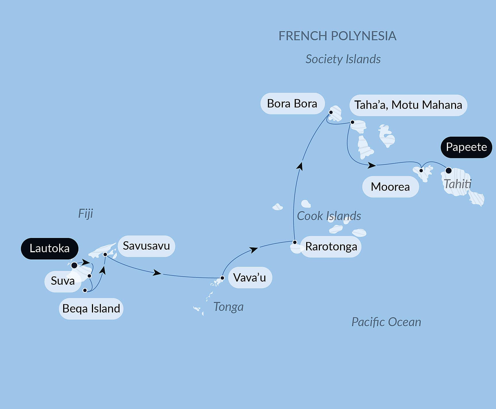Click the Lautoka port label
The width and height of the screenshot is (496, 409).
pos(49,249)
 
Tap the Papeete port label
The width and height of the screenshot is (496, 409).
pos(466,147)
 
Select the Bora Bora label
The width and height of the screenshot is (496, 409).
pos(292,104)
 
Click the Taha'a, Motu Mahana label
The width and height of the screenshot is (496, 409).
pos(408,105)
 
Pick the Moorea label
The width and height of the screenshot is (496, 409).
pos(390,187)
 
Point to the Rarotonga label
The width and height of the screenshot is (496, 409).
pos(331,247)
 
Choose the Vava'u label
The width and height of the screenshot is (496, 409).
pos(250,278)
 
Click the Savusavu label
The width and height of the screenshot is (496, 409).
pos(146,246)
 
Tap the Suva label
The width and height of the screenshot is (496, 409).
pos(63,281)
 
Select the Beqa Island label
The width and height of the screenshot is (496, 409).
pos(91,309)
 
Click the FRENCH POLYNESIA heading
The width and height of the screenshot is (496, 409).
pos(337,36)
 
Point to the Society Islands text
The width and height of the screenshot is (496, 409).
pos(343,59)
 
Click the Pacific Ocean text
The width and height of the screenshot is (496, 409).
pos(386,322)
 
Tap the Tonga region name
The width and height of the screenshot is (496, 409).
pos(228,307)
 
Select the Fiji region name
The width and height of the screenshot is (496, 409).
pos(86,214)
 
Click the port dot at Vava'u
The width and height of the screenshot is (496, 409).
pos(222,278)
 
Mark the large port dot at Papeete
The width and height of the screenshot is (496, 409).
pos(448,171)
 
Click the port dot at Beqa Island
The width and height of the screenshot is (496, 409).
pos(85,290)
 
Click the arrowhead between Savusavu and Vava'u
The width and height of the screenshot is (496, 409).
pos(157,273)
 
